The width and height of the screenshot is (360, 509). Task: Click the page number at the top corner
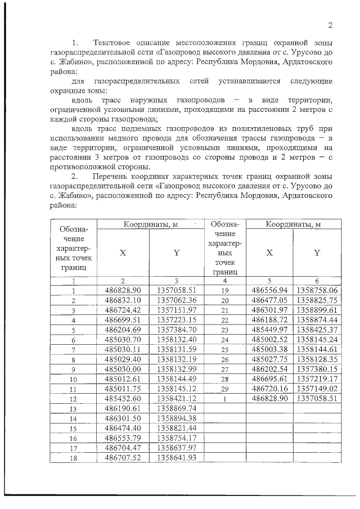tap(331, 25)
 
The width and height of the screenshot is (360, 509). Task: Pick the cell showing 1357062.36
tap(176, 300)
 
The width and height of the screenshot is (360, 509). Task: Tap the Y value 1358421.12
tap(176, 398)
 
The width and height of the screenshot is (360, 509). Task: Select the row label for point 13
tap(73, 408)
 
